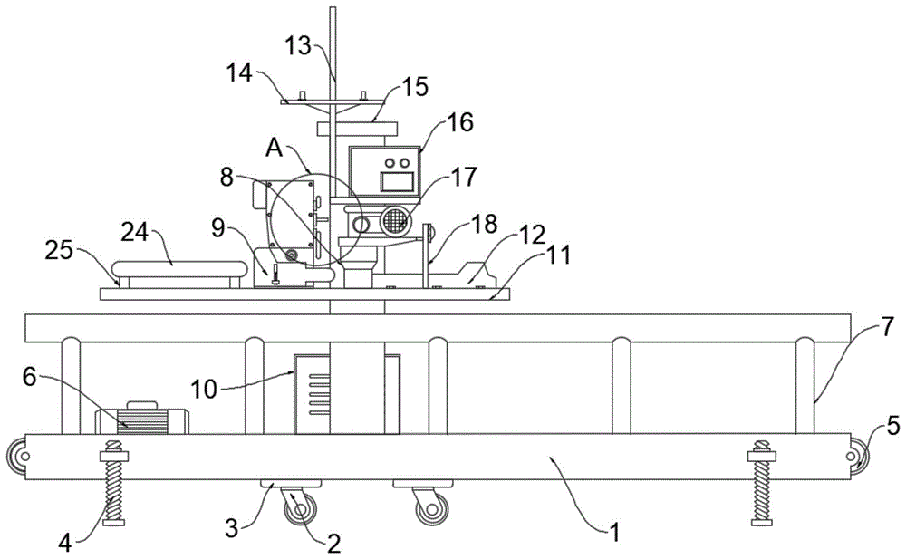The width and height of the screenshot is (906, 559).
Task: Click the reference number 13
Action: (299, 46)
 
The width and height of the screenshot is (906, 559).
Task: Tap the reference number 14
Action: (240, 72)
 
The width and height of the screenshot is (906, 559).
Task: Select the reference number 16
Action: (460, 122)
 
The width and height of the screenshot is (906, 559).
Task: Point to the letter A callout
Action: (275, 148)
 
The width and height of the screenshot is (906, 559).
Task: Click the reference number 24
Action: (135, 233)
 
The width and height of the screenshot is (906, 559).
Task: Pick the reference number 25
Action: (60, 251)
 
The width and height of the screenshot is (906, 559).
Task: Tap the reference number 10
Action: (204, 389)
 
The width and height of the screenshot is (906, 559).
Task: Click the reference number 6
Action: (30, 377)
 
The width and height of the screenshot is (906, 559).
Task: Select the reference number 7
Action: (887, 327)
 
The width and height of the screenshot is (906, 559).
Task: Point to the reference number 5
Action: (892, 427)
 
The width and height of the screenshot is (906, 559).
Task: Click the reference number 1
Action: (615, 532)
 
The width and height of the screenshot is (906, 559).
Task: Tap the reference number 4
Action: (65, 544)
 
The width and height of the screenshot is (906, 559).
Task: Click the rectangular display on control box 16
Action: (397, 181)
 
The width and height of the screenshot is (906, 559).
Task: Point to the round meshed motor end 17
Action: (395, 221)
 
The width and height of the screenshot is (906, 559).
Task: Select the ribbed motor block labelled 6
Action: (142, 421)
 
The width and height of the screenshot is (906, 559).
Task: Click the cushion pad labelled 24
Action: (179, 269)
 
